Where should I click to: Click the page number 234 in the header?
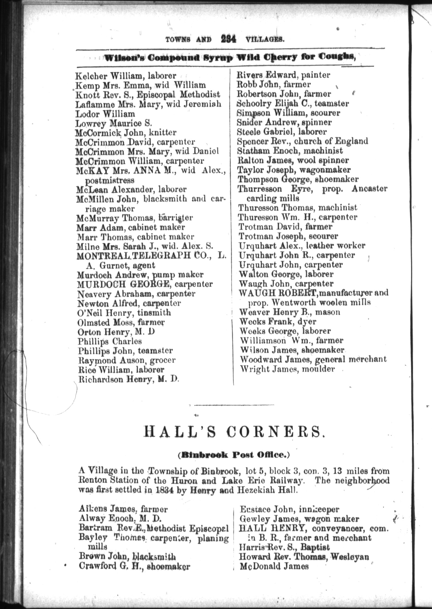point(228,39)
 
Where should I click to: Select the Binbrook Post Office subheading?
point(234,455)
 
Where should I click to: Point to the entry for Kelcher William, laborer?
point(126,76)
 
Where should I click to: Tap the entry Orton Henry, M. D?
point(116,332)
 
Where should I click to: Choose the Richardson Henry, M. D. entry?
point(129,379)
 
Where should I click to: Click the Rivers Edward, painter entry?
point(283,75)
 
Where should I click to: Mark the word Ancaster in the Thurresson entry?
point(369,189)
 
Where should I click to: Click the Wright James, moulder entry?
point(287,369)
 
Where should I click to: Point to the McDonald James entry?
point(274,566)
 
